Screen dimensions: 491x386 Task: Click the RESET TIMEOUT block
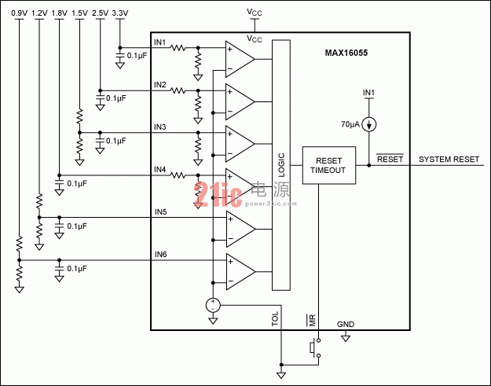pyautogui.click(x=329, y=165)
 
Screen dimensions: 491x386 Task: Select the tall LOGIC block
pyautogui.click(x=281, y=165)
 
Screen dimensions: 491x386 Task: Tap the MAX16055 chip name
pyautogui.click(x=346, y=53)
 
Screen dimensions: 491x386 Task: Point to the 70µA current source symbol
pyautogui.click(x=369, y=124)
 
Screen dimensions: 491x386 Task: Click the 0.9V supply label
pyautogui.click(x=19, y=13)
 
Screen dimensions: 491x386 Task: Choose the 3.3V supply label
pyautogui.click(x=120, y=13)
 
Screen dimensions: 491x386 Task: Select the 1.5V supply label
pyautogui.click(x=79, y=13)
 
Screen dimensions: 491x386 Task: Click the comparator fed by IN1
pyautogui.click(x=240, y=59)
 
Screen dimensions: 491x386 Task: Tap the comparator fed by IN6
pyautogui.click(x=240, y=272)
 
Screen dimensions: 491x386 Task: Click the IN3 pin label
pyautogui.click(x=160, y=127)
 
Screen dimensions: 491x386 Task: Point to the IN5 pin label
pyautogui.click(x=160, y=212)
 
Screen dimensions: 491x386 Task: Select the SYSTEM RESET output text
pyautogui.click(x=449, y=160)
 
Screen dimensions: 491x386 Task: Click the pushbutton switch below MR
pyautogui.click(x=315, y=347)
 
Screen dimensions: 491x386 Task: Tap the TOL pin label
pyautogui.click(x=275, y=319)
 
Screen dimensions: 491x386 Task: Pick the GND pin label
pyautogui.click(x=346, y=324)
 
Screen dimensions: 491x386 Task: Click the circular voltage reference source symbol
pyautogui.click(x=213, y=305)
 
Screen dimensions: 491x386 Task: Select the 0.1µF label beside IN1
pyautogui.click(x=137, y=56)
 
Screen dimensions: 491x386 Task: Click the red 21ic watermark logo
pyautogui.click(x=218, y=194)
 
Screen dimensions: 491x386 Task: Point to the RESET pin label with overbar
pyautogui.click(x=390, y=159)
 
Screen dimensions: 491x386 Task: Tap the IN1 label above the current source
pyautogui.click(x=369, y=93)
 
